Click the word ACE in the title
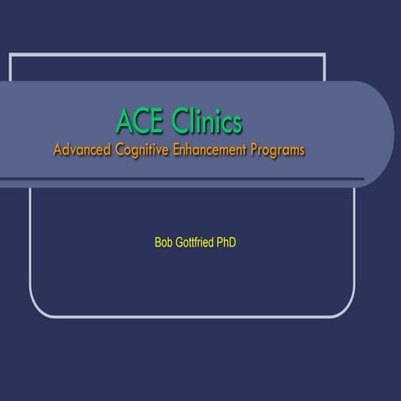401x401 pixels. tap(140, 122)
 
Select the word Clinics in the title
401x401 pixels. tap(206, 122)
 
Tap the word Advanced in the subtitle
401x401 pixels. tap(82, 151)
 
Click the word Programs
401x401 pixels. tap(278, 152)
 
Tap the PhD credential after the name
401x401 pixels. tap(237, 243)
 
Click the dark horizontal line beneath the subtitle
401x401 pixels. tap(184, 179)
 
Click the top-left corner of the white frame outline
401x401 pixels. tap(10, 55)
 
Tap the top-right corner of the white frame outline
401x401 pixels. tap(324, 55)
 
